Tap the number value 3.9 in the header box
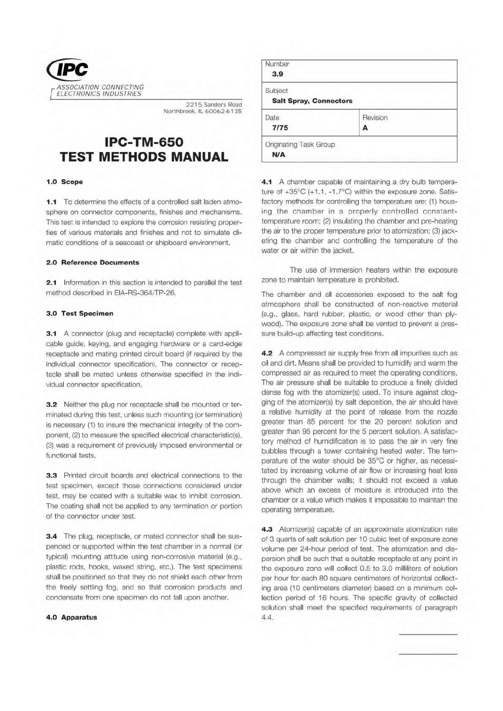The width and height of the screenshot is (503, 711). point(277,74)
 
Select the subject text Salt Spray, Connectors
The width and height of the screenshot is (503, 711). point(312,101)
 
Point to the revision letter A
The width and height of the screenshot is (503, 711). point(365,128)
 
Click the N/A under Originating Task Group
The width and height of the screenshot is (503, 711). point(279,155)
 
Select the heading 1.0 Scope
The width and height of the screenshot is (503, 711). point(64,182)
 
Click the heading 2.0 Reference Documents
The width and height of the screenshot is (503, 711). point(92,263)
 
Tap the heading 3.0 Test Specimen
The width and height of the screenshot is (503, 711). point(79,313)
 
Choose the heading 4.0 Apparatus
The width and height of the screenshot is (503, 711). point(71,617)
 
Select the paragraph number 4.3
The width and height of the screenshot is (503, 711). point(267,529)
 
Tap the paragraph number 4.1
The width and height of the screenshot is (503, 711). point(267,182)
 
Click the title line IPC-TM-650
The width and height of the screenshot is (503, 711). point(144,141)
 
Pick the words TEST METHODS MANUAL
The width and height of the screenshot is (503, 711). point(144,157)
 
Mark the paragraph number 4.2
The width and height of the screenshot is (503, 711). point(267,353)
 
